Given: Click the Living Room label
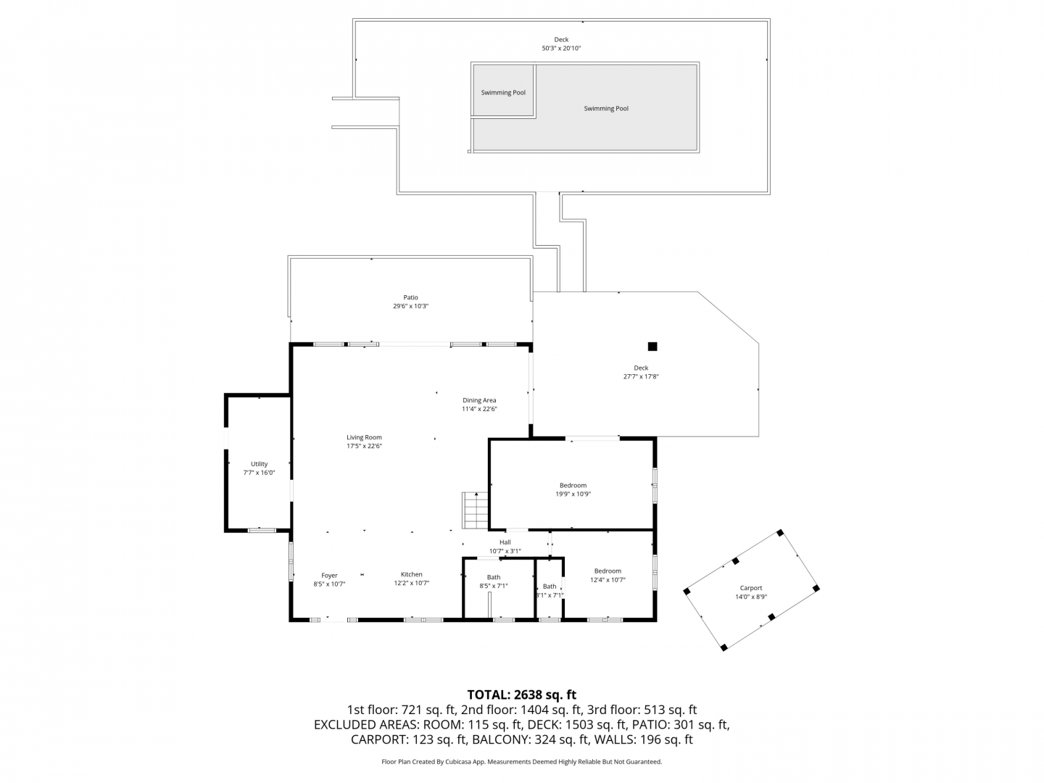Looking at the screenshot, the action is tap(364, 437).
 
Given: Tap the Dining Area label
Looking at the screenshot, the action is tap(479, 400).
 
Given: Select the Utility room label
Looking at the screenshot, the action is tap(260, 464).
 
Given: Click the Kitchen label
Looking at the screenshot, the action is tap(411, 574).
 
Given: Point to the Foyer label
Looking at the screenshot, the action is tap(329, 575).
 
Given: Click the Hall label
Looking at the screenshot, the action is tap(505, 542).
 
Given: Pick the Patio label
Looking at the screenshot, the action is tap(410, 297).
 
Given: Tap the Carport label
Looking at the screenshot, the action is tap(751, 588).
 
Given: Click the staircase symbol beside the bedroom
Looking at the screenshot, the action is tap(475, 510).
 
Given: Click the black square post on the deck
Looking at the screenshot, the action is tap(652, 347).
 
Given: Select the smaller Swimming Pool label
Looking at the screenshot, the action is tap(503, 93).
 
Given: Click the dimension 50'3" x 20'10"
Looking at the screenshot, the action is tap(561, 49).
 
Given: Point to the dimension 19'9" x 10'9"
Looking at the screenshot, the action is tap(573, 494).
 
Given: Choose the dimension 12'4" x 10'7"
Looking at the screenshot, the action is tap(608, 580).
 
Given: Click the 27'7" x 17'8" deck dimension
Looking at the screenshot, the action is tap(641, 376).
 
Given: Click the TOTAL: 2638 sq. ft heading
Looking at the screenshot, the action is tap(522, 695).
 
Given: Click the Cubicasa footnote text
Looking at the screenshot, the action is tap(522, 762).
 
